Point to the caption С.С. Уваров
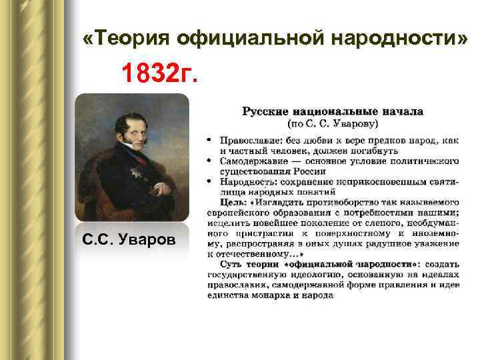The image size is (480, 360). [131, 241]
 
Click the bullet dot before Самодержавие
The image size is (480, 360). [209, 161]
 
